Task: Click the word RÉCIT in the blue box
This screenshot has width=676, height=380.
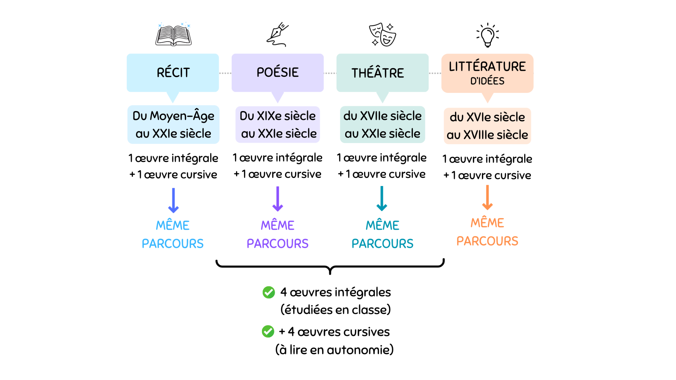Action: tap(173, 73)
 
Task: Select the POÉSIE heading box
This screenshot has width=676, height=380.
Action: tap(278, 73)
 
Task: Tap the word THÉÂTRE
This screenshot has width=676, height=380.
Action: tap(378, 73)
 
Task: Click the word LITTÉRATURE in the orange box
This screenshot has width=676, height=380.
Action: tap(487, 66)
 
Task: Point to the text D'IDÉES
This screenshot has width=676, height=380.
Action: tap(487, 81)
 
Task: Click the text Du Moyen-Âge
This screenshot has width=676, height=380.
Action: tap(173, 116)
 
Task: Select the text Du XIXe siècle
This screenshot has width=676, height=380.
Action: tap(278, 116)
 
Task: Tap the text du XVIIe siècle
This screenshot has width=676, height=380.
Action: tap(382, 116)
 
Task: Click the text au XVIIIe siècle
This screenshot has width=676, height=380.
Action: tap(487, 135)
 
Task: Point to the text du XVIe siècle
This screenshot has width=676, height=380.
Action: tap(487, 117)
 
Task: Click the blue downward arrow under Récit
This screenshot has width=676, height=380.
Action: tap(173, 201)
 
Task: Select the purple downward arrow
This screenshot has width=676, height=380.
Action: tap(278, 199)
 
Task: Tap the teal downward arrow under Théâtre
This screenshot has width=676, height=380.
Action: tap(382, 198)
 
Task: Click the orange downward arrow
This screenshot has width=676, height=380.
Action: tap(487, 198)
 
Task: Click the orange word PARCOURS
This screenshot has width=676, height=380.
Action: tap(487, 241)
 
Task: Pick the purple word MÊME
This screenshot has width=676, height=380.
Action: tap(278, 225)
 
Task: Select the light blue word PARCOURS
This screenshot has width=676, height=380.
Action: tap(173, 244)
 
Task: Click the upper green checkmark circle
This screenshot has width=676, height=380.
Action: tap(269, 292)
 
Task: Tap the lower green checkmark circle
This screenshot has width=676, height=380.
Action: tap(268, 331)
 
